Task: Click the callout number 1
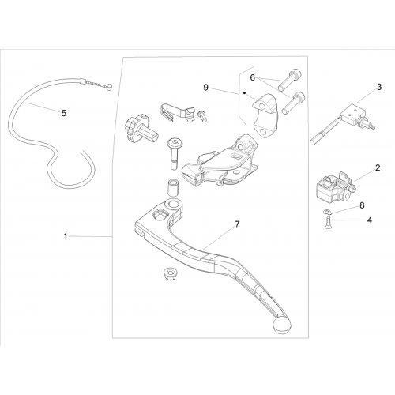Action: point(66,236)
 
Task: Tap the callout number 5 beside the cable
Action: point(64,113)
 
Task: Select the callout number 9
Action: point(206,88)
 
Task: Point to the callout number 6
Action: point(253,77)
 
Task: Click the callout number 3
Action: point(379,87)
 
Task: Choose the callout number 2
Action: point(378,167)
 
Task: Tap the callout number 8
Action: point(362,205)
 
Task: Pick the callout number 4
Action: point(370,220)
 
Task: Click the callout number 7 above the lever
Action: point(237,224)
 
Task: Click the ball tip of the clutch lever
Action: point(282,325)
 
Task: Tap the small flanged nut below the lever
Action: point(169,274)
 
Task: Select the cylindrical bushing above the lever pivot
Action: point(173,187)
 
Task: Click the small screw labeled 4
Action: point(328,223)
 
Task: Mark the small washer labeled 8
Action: point(326,212)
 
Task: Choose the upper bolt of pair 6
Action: point(289,80)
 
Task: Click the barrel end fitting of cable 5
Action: point(109,87)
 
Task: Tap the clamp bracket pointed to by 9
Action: point(264,115)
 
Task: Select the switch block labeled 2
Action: point(335,187)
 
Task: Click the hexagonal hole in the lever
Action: point(159,214)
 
